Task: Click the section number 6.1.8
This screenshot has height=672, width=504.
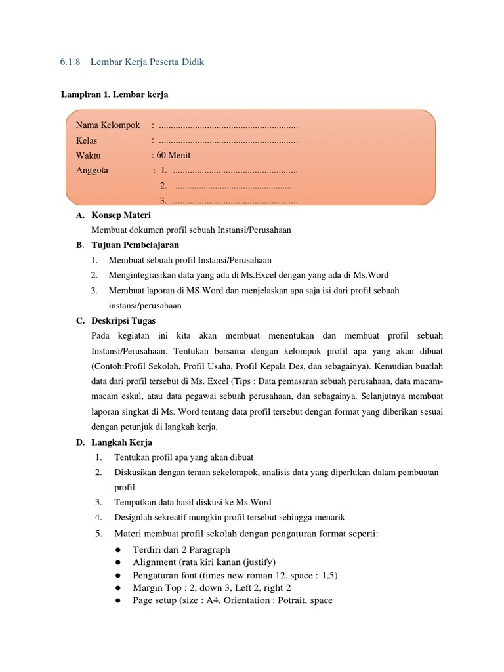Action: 69,62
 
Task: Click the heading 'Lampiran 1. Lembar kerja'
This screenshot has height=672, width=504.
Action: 115,94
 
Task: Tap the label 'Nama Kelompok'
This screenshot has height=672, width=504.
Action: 108,125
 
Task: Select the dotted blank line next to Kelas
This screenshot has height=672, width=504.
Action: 228,140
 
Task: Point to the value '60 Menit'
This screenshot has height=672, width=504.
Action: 173,156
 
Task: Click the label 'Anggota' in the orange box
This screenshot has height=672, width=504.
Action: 93,171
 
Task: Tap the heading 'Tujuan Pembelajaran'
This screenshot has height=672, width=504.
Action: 136,245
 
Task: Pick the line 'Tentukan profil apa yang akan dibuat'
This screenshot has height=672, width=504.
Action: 184,457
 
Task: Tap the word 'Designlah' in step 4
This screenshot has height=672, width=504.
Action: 133,517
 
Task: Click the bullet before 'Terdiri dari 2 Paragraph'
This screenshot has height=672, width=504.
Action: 117,550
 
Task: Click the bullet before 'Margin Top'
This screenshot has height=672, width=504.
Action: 117,588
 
